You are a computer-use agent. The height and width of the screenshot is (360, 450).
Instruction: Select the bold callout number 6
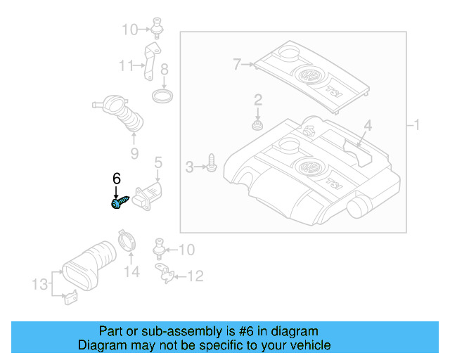117,179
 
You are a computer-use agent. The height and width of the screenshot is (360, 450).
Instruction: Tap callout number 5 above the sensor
158,163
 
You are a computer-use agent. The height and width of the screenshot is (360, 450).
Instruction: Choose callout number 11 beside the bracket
126,66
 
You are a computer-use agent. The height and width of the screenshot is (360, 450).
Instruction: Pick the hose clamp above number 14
127,240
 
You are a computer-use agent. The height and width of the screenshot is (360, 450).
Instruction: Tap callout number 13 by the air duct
39,284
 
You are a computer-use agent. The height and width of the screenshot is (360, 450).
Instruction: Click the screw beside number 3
212,165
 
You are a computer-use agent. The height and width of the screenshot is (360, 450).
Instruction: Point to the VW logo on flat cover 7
307,76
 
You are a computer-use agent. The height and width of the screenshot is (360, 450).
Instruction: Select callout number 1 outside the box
416,126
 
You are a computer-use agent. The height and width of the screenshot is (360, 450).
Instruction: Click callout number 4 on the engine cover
367,127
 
